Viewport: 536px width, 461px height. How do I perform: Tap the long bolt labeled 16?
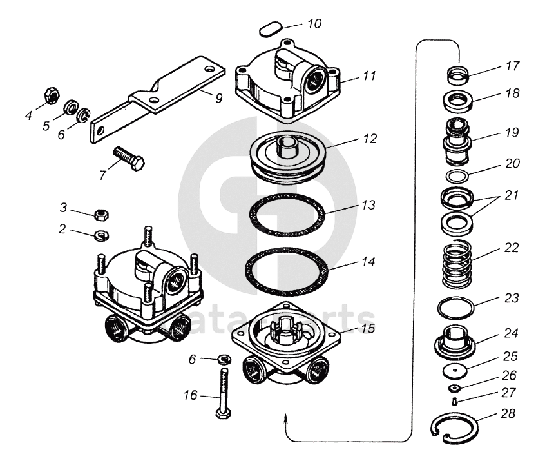pyautogui.click(x=224, y=393)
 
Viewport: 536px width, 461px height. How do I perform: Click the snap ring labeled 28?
pyautogui.click(x=454, y=428)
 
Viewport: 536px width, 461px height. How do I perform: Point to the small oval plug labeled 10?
pyautogui.click(x=269, y=29)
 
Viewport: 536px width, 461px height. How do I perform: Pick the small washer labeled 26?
pyautogui.click(x=455, y=387)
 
